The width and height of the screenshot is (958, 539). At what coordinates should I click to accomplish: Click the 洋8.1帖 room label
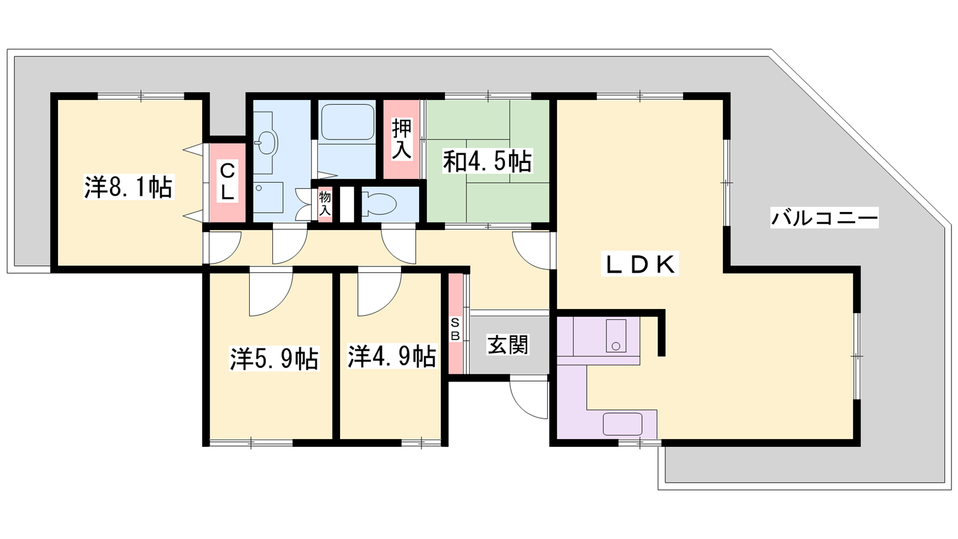click(x=128, y=187)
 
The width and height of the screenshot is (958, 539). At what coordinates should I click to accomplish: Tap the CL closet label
click(x=227, y=181)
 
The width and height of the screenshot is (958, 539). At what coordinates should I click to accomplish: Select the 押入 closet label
click(x=402, y=140)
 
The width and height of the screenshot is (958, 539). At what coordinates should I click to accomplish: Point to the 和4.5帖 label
click(x=487, y=161)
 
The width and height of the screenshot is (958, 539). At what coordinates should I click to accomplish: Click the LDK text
click(x=639, y=264)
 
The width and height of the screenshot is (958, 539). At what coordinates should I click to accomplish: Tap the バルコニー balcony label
click(x=824, y=217)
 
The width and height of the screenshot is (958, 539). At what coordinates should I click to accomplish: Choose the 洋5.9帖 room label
click(x=274, y=359)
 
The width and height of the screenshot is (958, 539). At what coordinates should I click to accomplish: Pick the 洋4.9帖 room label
click(x=392, y=356)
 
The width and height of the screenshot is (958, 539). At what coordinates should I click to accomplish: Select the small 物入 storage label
click(x=325, y=203)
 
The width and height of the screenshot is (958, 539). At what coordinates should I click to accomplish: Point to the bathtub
click(x=347, y=122)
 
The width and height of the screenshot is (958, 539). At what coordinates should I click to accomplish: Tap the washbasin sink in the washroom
click(x=268, y=143)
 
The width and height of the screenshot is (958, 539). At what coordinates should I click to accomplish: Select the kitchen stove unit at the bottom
click(x=622, y=424)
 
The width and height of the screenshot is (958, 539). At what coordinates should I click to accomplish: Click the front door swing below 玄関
click(x=529, y=397)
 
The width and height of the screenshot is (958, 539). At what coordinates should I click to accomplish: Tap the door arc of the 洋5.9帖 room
click(x=270, y=293)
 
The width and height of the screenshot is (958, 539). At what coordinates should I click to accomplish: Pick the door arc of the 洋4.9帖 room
click(x=378, y=293)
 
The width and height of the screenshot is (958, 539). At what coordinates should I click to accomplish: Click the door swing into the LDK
click(x=532, y=250)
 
